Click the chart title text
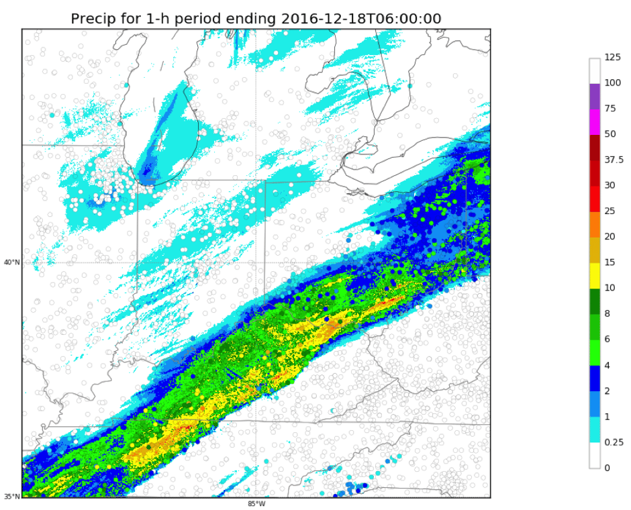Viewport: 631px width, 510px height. coord(256,18)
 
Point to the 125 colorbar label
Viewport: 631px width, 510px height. coord(612,58)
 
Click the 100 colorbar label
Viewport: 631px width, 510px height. coord(612,83)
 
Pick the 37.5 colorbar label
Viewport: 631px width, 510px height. coord(614,160)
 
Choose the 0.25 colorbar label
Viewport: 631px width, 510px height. coord(614,442)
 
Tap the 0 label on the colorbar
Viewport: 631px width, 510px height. coord(607,468)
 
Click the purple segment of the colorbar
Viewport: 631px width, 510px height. coord(595,96)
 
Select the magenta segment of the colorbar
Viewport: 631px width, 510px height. coord(595,121)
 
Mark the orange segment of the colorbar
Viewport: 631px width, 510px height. coord(595,224)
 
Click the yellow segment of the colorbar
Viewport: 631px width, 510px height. coord(595,275)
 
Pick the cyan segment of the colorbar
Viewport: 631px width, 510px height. coord(595,429)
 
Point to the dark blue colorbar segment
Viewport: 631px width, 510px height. coord(595,378)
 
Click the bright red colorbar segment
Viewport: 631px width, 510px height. coord(595,199)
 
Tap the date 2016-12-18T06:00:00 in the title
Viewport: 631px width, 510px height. coord(361,18)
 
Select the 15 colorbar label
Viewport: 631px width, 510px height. coord(610,262)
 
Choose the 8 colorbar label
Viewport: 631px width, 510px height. coord(607,313)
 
